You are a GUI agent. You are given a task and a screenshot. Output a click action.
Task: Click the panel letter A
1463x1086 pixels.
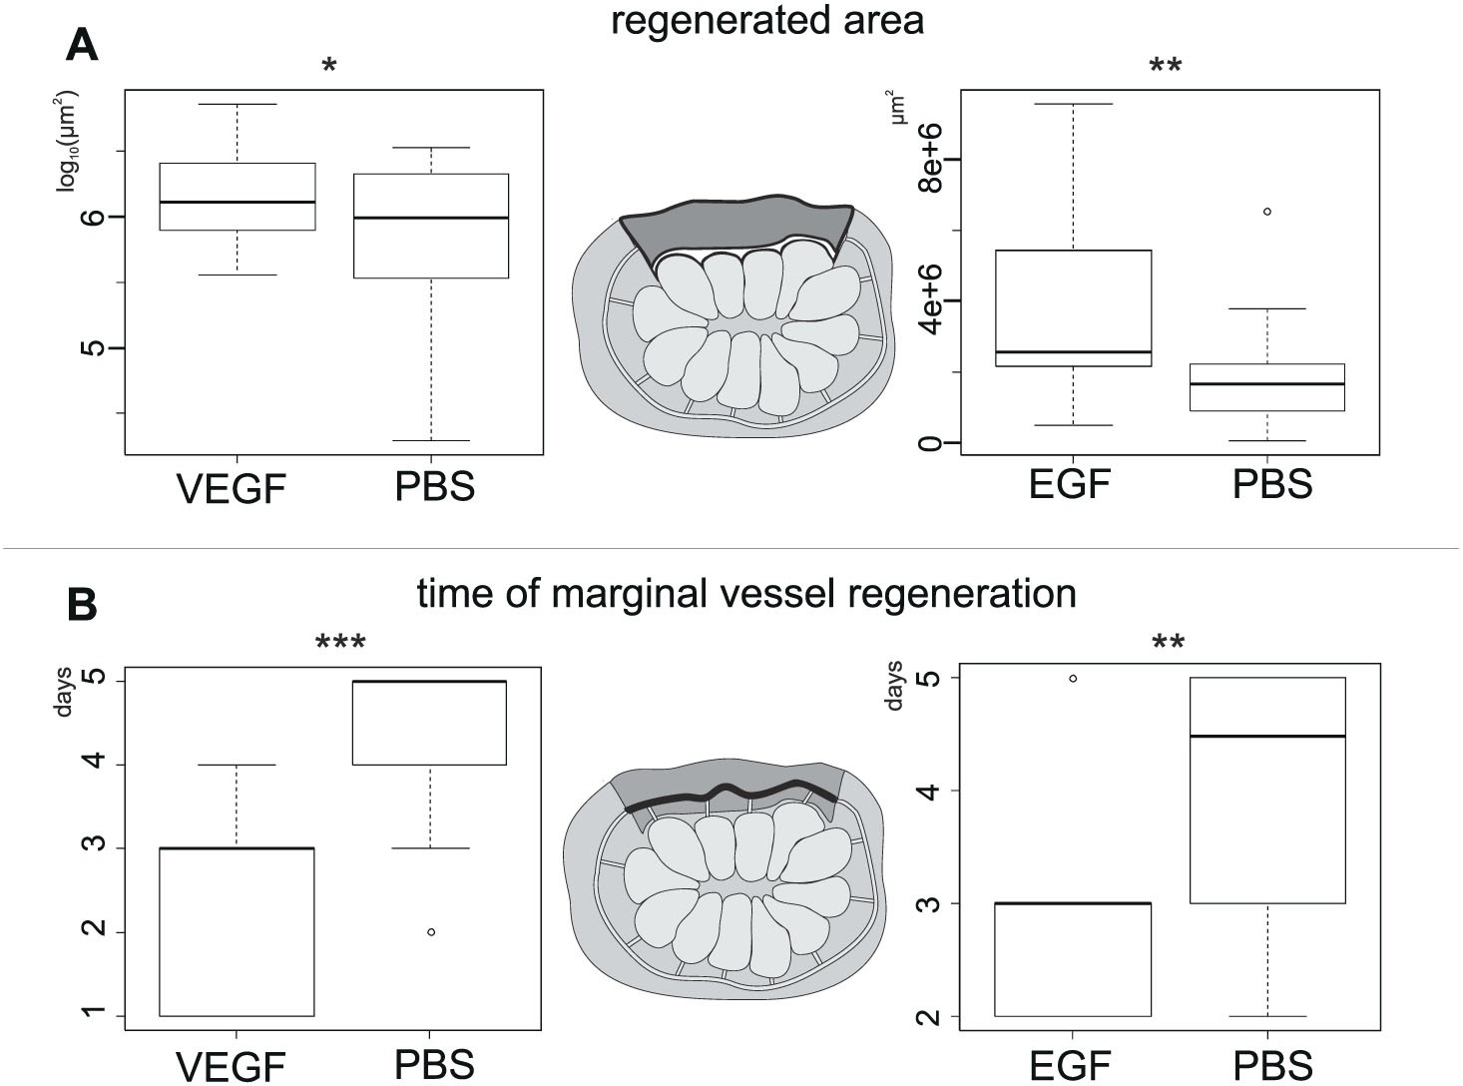pyautogui.click(x=82, y=44)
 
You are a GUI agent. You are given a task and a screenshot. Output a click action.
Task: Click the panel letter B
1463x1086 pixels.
pyautogui.click(x=81, y=604)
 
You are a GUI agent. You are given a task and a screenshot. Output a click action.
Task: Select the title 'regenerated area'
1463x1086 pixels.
pyautogui.click(x=766, y=20)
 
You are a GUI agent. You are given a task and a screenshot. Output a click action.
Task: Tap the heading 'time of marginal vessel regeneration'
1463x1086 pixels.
pyautogui.click(x=745, y=594)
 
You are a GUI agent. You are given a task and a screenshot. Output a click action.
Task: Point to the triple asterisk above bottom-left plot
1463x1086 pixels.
pyautogui.click(x=340, y=642)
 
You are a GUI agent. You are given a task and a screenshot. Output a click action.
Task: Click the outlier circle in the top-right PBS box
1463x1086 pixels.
pyautogui.click(x=1267, y=212)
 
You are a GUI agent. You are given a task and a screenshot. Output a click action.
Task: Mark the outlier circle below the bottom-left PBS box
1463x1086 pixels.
pyautogui.click(x=431, y=931)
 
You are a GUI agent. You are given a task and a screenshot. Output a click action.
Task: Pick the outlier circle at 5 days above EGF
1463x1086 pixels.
pyautogui.click(x=1073, y=678)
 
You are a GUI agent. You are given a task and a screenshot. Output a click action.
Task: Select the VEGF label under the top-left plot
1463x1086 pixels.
pyautogui.click(x=232, y=489)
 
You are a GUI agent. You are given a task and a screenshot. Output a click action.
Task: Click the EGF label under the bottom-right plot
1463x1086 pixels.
pyautogui.click(x=1069, y=1065)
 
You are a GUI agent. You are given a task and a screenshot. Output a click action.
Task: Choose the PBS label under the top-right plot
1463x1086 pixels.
pyautogui.click(x=1271, y=485)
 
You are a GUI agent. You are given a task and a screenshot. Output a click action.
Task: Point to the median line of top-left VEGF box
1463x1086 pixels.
pyautogui.click(x=237, y=202)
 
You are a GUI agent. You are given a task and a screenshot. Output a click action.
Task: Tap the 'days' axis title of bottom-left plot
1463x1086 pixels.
pyautogui.click(x=65, y=690)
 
